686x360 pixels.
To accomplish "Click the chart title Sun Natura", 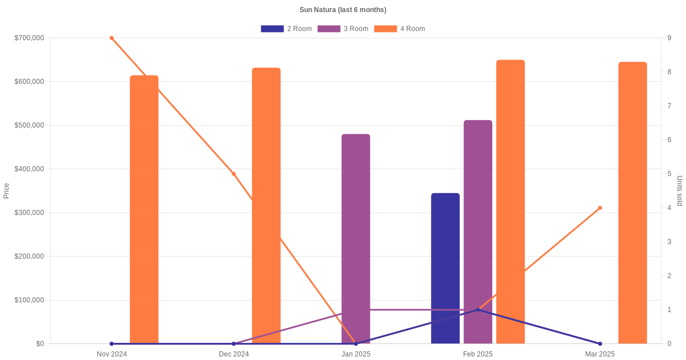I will tap(342, 10).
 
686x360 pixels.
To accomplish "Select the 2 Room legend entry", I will tap(286, 29).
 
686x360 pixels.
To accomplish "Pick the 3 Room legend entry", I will tap(342, 29).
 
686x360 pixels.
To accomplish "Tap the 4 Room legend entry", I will tap(399, 29).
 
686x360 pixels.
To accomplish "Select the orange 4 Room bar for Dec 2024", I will tap(266, 206).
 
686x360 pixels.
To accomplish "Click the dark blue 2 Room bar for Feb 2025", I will tap(445, 269).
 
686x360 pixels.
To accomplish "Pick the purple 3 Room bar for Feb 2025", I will tap(478, 232).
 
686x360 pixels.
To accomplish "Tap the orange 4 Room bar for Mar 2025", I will tap(632, 203).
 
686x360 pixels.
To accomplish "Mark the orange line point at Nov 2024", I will tap(111, 38).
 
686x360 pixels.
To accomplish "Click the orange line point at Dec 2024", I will tap(234, 174).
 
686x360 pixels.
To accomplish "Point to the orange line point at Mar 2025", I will tap(600, 208).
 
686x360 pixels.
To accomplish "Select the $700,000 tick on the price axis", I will tap(29, 38).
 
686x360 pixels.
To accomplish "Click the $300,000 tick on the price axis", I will tap(29, 213).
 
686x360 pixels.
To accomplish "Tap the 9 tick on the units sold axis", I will tap(669, 38).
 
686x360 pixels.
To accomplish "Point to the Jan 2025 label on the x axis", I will tap(356, 354).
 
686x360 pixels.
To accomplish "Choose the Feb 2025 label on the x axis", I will tap(478, 354).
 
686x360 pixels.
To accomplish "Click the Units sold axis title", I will tap(680, 191).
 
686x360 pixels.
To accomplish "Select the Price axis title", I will tap(6, 191).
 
